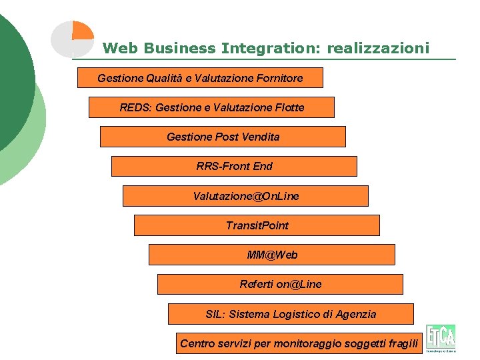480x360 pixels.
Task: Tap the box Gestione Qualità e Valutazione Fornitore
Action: tap(200, 78)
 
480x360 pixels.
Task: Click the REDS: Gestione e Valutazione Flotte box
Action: tap(211, 107)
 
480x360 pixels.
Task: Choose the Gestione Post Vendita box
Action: tap(223, 137)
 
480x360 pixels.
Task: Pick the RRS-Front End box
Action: tap(234, 166)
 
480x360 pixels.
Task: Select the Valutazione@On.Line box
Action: tap(245, 196)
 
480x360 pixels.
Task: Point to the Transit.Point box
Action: tap(257, 225)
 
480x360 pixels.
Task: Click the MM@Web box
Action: tap(271, 255)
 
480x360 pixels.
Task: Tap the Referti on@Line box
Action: tap(280, 284)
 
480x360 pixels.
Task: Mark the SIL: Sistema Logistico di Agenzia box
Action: tap(291, 314)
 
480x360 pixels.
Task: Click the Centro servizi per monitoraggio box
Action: tap(299, 343)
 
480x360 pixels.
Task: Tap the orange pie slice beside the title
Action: tap(83, 31)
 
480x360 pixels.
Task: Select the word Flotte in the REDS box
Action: tap(290, 107)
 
